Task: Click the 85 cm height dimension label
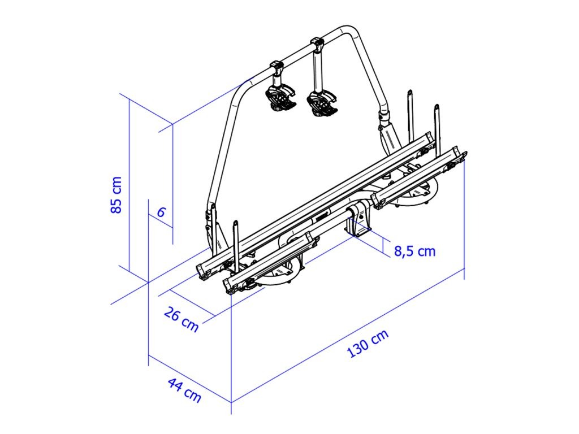pyautogui.click(x=116, y=195)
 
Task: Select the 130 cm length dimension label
pyautogui.click(x=368, y=344)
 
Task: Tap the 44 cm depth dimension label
pyautogui.click(x=185, y=390)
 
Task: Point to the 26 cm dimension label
pyautogui.click(x=181, y=319)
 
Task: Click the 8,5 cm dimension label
pyautogui.click(x=414, y=251)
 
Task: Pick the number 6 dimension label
pyautogui.click(x=161, y=212)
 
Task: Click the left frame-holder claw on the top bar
pyautogui.click(x=280, y=98)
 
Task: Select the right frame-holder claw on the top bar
pyautogui.click(x=322, y=103)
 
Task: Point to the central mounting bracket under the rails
pyautogui.click(x=357, y=221)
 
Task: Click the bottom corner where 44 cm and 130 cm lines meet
pyautogui.click(x=231, y=402)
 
